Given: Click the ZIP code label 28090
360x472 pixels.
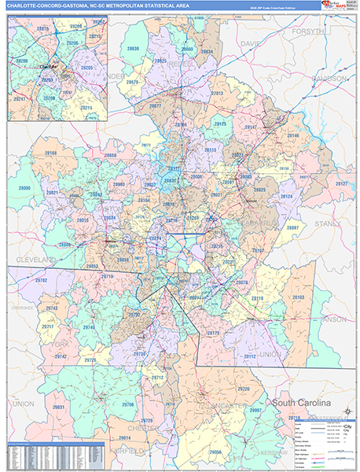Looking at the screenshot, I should (x=24, y=189).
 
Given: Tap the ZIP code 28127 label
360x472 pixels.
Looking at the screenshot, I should (x=342, y=183).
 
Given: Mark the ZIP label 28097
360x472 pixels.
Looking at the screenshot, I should (x=292, y=227).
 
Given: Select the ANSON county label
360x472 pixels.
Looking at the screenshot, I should (x=333, y=319).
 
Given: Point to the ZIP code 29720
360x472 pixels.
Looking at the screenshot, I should (x=244, y=389).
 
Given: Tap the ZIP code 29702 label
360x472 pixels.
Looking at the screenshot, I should (x=42, y=280).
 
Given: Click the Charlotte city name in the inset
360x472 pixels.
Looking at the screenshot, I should (x=49, y=68).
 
